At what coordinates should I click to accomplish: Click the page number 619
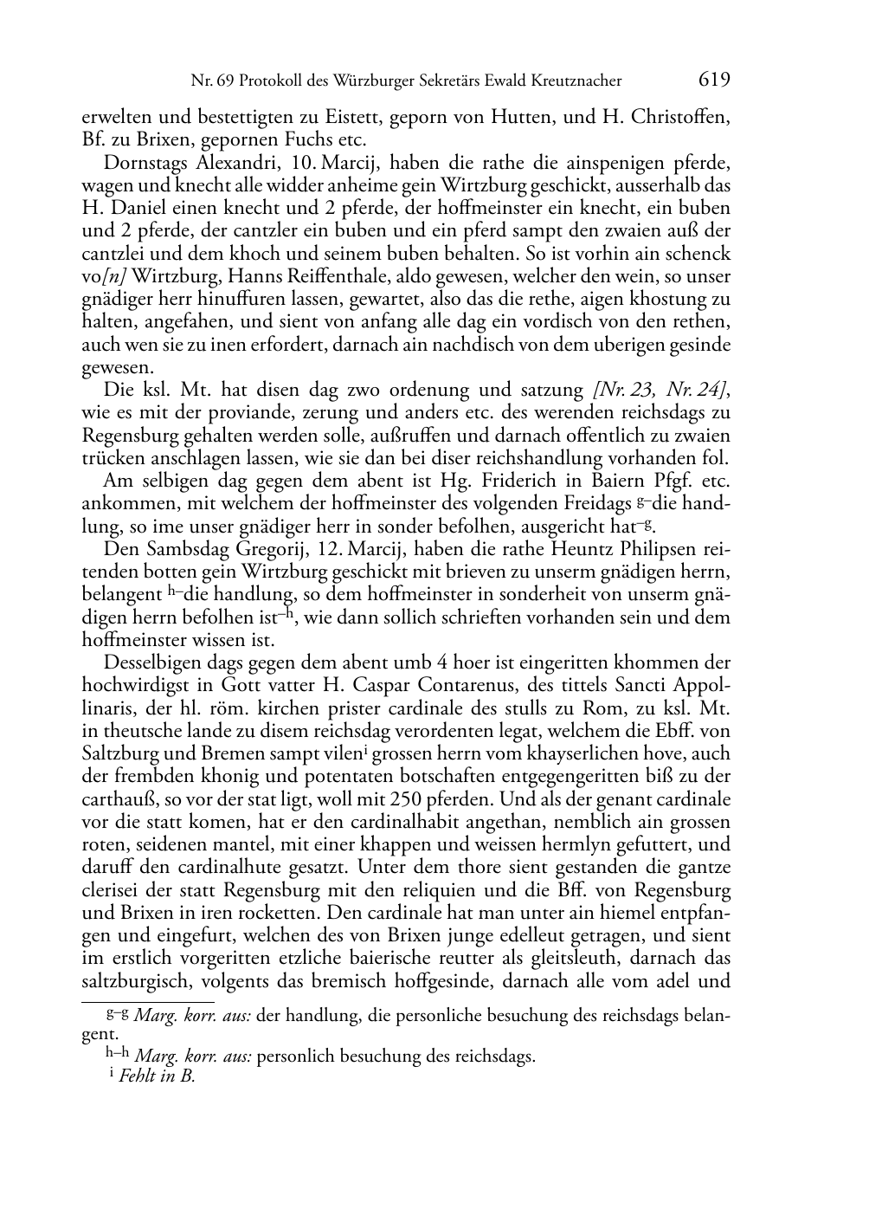click(714, 81)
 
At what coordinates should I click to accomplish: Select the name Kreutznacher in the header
click(576, 81)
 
